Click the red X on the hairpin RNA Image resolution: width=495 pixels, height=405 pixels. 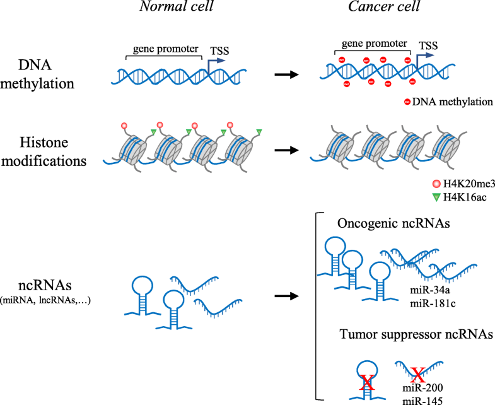366,381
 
